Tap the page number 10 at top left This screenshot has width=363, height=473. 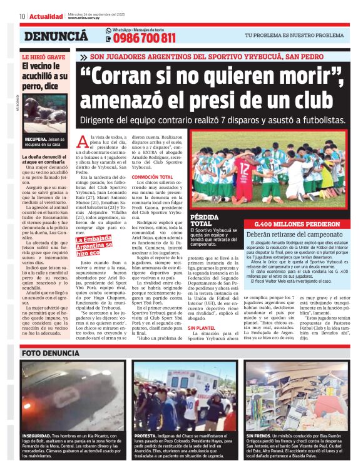pyautogui.click(x=22, y=16)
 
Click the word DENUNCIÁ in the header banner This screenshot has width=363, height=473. pyautogui.click(x=56, y=37)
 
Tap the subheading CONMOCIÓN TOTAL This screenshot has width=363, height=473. pyautogui.click(x=156, y=177)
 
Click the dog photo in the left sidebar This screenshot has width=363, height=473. pyautogui.click(x=45, y=114)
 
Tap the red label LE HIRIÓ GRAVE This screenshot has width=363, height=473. pyautogui.click(x=43, y=57)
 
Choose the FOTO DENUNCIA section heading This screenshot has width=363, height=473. pyautogui.click(x=50, y=353)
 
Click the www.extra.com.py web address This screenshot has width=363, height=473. pyautogui.click(x=84, y=18)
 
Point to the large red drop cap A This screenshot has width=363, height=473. pyautogui.click(x=82, y=141)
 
